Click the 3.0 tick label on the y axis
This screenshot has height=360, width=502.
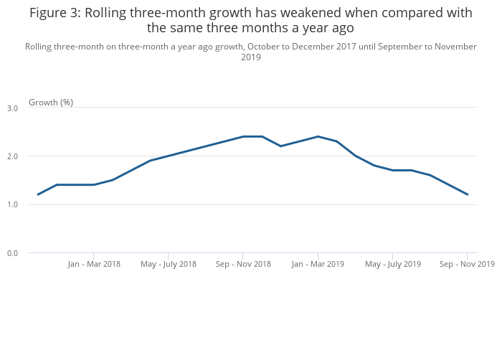tap(12, 108)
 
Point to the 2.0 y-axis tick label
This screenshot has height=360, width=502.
tap(12, 156)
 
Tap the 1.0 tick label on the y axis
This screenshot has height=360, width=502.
tap(12, 205)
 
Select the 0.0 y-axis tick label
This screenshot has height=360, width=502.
tap(12, 253)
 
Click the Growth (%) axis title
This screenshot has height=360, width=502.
tap(51, 103)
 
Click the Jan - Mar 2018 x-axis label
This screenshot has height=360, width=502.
tap(94, 264)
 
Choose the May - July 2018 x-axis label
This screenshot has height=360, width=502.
tap(169, 264)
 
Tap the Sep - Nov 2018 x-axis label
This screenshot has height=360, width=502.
tap(243, 264)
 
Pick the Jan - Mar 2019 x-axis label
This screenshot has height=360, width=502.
tap(318, 264)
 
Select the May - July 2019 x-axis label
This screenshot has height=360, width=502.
tap(392, 264)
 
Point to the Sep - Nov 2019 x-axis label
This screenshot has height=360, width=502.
tap(467, 264)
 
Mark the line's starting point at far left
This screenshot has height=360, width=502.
tap(38, 194)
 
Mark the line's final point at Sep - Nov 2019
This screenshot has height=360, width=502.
tap(467, 194)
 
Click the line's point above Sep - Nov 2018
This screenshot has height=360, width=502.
tap(243, 136)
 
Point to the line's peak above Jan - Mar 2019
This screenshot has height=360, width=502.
tap(318, 136)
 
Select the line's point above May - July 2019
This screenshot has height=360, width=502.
tap(392, 170)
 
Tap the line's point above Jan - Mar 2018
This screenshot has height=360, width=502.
tap(94, 185)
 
